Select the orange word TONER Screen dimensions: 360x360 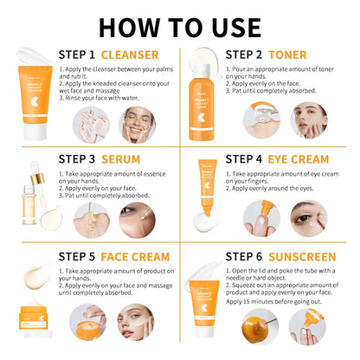(x=294, y=55)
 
